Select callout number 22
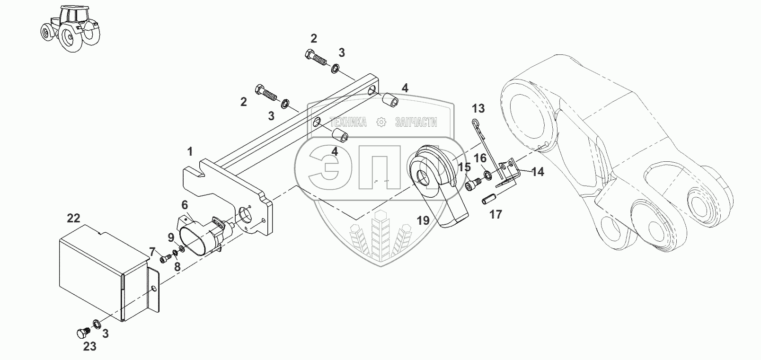73,218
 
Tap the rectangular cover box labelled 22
95,274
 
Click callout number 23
90,347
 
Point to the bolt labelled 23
81,333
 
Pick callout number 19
423,220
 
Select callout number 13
478,109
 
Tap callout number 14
537,172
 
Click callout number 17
495,215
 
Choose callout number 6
185,204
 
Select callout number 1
190,152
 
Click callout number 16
480,158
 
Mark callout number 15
464,167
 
